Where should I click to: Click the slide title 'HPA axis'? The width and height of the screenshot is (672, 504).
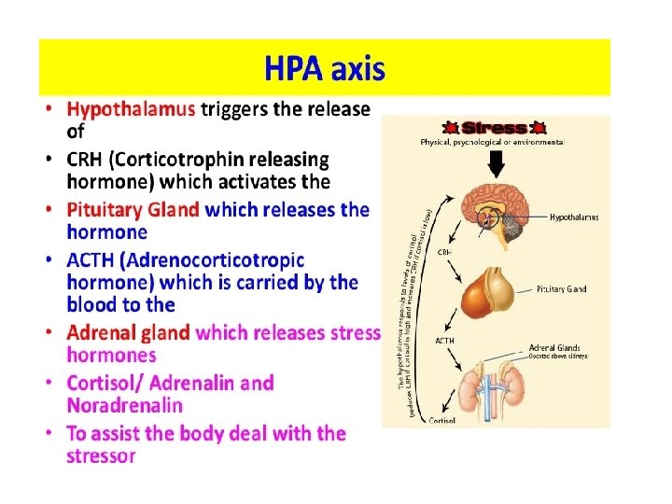[x=324, y=69]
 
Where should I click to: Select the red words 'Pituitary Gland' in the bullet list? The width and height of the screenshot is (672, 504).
[x=133, y=209]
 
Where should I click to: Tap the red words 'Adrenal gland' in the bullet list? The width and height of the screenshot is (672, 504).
[x=128, y=332]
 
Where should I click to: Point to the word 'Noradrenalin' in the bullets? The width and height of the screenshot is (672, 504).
[x=124, y=406]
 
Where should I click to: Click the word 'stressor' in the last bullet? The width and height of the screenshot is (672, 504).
[x=101, y=456]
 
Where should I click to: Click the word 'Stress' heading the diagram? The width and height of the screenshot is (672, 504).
[x=495, y=127]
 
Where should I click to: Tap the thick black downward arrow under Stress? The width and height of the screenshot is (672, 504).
[x=496, y=162]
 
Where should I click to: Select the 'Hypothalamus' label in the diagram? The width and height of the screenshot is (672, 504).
[x=574, y=217]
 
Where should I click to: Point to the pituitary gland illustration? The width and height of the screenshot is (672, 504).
[x=495, y=290]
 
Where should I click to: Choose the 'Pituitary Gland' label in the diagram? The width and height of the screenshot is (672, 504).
[x=562, y=289]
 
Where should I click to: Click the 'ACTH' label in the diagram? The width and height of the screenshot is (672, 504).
[x=445, y=341]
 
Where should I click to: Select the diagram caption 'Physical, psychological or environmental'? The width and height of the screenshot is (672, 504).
[x=492, y=142]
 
